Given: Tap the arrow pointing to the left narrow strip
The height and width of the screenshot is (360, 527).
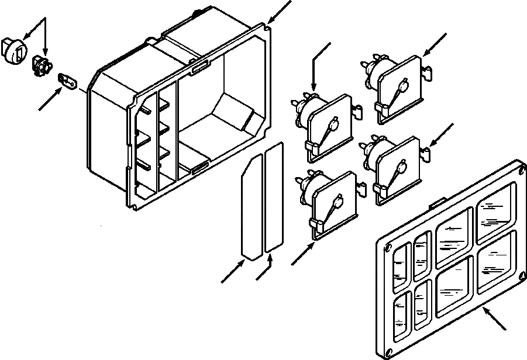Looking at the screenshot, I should (233, 272).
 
